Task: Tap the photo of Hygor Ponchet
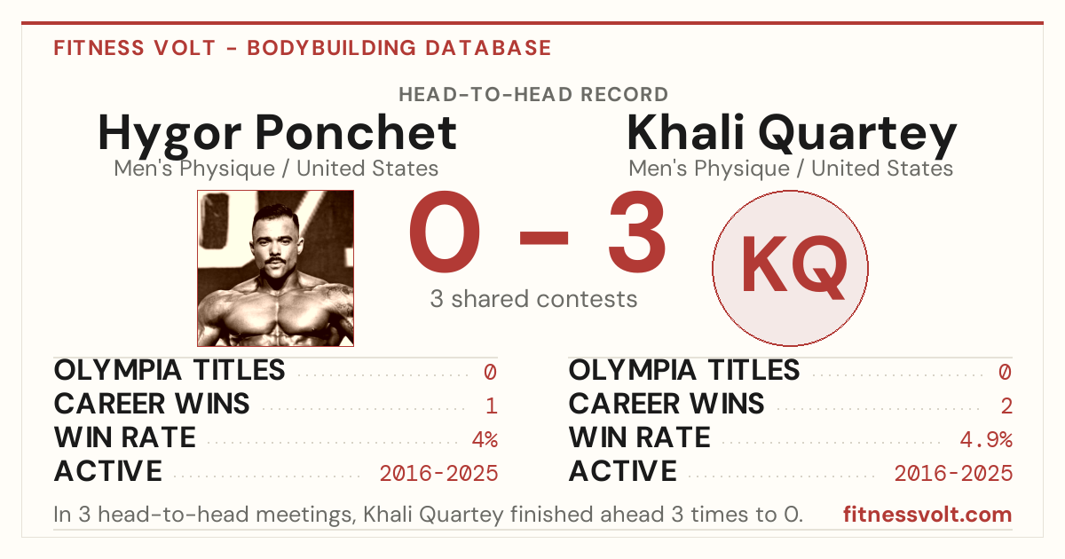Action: tap(276, 268)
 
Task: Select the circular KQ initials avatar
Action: tap(790, 268)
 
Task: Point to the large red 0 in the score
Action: tap(445, 232)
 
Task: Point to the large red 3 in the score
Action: tap(637, 232)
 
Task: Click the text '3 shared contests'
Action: tap(533, 299)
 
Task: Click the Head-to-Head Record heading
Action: tap(533, 95)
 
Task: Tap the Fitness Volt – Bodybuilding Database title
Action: tap(303, 48)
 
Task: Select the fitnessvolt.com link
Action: tap(927, 515)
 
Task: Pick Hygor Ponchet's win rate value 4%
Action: tap(485, 439)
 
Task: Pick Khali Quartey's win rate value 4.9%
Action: tap(986, 439)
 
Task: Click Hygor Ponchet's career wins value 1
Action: tap(492, 405)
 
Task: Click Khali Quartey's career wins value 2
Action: tap(1006, 405)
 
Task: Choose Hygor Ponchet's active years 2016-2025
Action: tap(438, 474)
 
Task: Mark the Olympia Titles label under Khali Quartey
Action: tap(684, 370)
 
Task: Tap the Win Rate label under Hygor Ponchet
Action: tap(124, 437)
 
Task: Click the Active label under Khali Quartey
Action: tap(623, 471)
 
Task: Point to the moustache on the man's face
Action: tap(275, 261)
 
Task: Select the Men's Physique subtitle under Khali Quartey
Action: tap(791, 169)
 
